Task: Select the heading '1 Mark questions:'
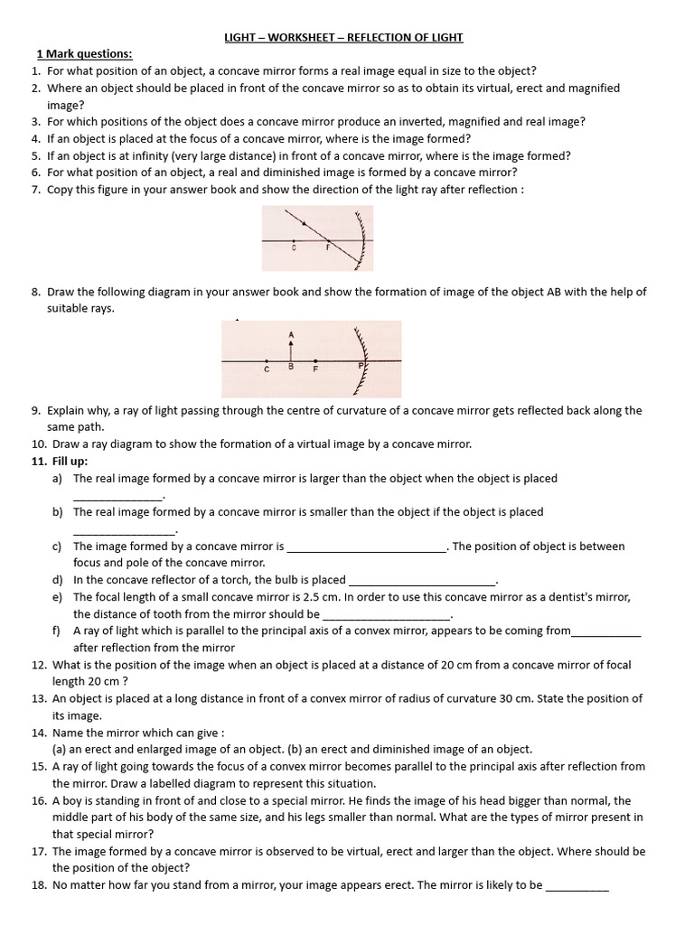tap(84, 53)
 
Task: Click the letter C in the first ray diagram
tap(295, 246)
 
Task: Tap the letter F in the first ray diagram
tap(328, 246)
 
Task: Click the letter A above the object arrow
tap(291, 333)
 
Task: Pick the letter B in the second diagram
tap(290, 368)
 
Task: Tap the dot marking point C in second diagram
tap(267, 362)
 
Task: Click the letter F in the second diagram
tap(314, 369)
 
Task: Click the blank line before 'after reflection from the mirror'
tap(606, 632)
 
